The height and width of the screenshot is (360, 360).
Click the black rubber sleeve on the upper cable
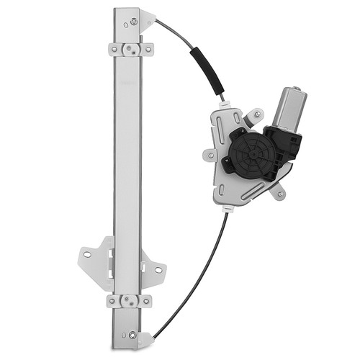click(x=207, y=69)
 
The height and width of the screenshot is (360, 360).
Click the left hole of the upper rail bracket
click(x=114, y=49)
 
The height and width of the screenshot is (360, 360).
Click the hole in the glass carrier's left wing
click(x=88, y=253)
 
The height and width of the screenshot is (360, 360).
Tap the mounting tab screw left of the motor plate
click(x=208, y=153)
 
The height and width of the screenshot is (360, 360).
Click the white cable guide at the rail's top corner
click(x=148, y=19)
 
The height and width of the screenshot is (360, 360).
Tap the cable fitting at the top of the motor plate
click(x=225, y=102)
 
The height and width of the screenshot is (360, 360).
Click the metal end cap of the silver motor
click(x=297, y=94)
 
